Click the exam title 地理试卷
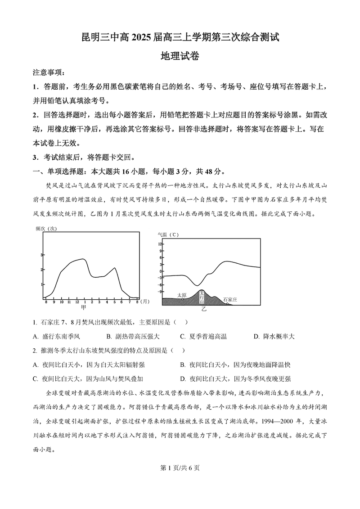coord(180,57)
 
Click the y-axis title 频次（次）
coord(46,229)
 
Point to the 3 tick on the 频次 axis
coord(42,255)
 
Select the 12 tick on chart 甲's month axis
coord(77,301)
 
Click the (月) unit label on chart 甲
coord(144,301)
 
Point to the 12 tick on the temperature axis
coord(160,243)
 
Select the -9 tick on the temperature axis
coord(160,292)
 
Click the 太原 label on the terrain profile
coord(182,295)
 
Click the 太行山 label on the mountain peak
coord(202,297)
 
